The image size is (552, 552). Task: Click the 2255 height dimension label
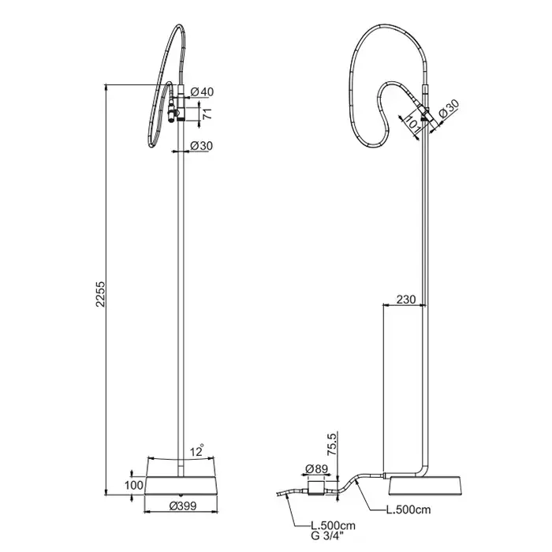click(101, 293)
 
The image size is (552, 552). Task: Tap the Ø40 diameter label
click(202, 92)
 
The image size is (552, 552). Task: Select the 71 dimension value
click(208, 114)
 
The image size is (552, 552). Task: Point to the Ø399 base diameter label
click(183, 506)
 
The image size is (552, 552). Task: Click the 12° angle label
click(197, 451)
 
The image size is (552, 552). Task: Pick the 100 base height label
click(134, 485)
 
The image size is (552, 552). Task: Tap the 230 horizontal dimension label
click(406, 299)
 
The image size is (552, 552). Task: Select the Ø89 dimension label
click(316, 468)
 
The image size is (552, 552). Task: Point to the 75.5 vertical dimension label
click(332, 445)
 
